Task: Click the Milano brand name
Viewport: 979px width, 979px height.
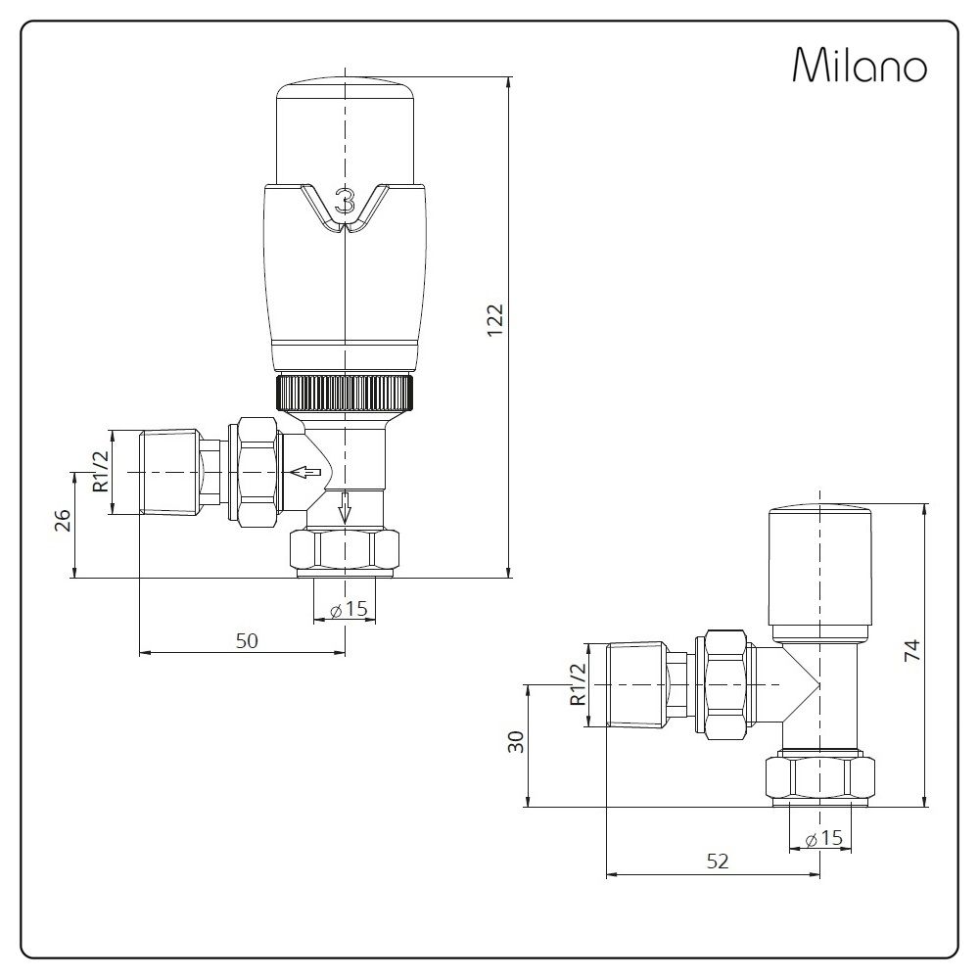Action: pyautogui.click(x=859, y=66)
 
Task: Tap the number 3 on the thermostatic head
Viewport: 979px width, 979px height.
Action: pyautogui.click(x=345, y=203)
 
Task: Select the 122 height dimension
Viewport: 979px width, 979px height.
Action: pyautogui.click(x=494, y=320)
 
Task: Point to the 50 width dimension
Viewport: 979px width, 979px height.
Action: pyautogui.click(x=247, y=640)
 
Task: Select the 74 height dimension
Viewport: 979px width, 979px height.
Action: pyautogui.click(x=910, y=653)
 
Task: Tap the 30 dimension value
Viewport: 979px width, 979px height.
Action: pyautogui.click(x=517, y=741)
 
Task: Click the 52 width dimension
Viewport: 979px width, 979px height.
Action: pyautogui.click(x=718, y=861)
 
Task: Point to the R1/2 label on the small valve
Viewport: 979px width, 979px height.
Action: pyautogui.click(x=577, y=683)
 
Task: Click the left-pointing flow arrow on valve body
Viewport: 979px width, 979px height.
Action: pyautogui.click(x=306, y=473)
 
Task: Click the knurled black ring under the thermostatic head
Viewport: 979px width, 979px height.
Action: pyautogui.click(x=346, y=393)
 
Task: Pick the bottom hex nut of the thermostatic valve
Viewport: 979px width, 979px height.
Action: pyautogui.click(x=346, y=551)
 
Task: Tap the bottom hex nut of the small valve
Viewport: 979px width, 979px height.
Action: pyautogui.click(x=819, y=778)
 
